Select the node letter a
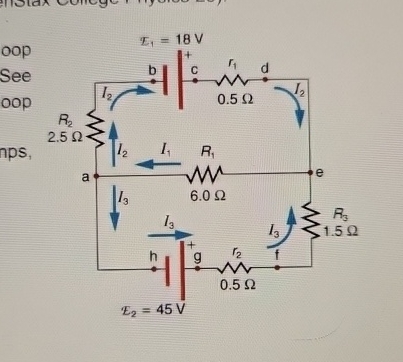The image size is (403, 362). click(86, 176)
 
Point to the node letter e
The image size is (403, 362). click(319, 173)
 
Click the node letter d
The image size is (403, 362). click(265, 68)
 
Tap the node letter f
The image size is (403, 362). click(278, 255)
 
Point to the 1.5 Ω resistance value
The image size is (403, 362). click(342, 229)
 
